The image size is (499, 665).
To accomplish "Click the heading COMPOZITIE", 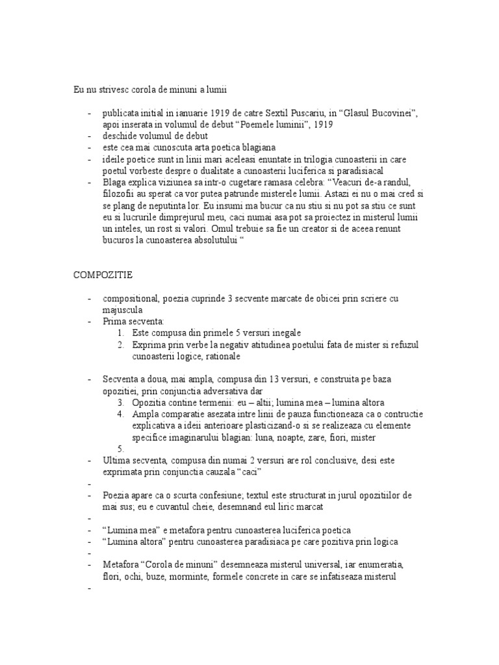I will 103,275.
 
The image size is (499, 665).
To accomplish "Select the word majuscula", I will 122,310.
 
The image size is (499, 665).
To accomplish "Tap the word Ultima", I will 116,460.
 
